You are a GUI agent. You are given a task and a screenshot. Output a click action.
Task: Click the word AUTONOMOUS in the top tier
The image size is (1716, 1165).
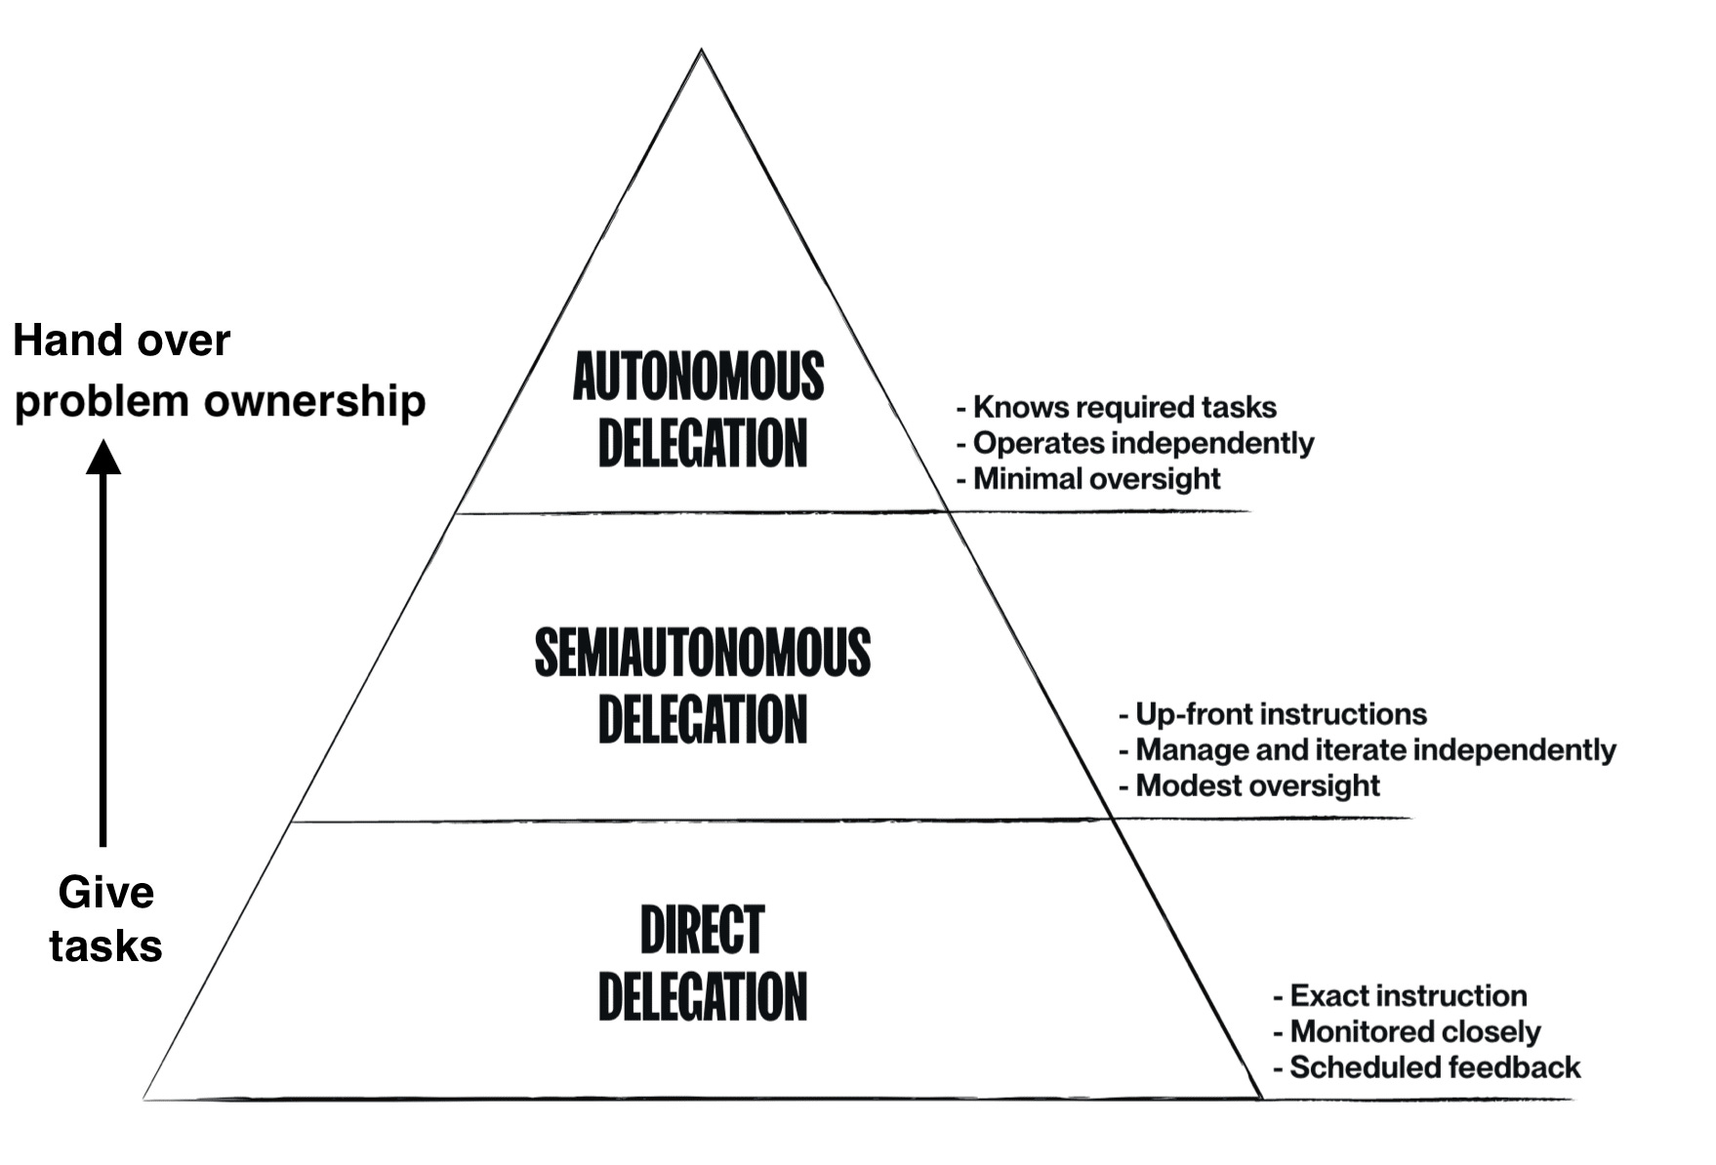(x=698, y=378)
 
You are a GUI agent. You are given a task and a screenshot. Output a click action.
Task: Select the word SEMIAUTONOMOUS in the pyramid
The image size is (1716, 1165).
(x=702, y=653)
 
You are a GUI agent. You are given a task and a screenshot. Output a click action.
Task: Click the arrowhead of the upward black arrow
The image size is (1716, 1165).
(x=103, y=457)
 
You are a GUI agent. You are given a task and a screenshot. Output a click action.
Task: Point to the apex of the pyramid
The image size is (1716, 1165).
(x=701, y=52)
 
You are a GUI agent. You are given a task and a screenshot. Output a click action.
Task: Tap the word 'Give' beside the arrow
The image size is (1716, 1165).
(x=105, y=893)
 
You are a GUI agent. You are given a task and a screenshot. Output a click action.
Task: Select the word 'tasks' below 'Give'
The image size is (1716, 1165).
(x=105, y=946)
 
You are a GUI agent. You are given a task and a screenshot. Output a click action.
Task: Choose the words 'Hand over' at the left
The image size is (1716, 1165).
(x=121, y=341)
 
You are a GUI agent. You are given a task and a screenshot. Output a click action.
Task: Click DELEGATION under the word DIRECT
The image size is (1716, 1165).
(x=702, y=996)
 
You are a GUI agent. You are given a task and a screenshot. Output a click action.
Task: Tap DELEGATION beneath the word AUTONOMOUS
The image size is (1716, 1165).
(x=702, y=444)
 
